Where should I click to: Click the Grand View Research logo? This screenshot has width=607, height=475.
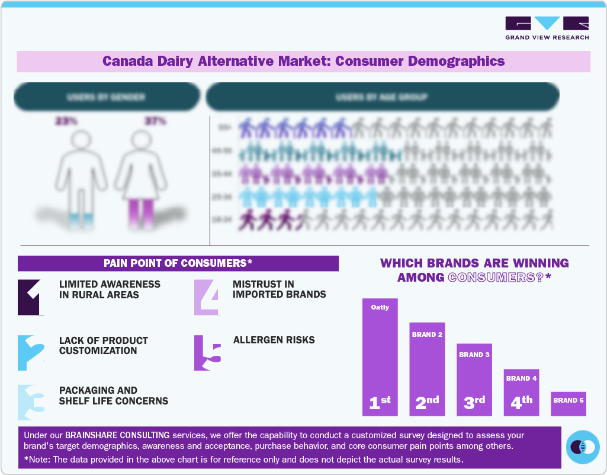coord(547,28)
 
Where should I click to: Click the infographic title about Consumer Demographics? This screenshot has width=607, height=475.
coord(303,61)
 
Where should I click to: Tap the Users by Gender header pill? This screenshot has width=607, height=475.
coord(107,97)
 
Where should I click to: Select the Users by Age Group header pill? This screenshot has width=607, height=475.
coord(382,97)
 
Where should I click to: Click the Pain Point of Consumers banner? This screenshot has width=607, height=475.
coord(178,263)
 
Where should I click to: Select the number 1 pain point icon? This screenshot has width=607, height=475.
coord(31,297)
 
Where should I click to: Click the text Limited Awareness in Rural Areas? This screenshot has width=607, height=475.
coord(110,289)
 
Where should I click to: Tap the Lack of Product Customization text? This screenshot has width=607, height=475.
coord(104,346)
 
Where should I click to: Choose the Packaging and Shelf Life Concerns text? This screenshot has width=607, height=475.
coord(113,396)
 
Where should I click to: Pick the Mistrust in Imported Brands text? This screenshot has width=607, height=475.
coord(279,289)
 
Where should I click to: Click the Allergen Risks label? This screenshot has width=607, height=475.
coord(274,340)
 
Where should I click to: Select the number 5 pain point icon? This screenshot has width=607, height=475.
coord(207,353)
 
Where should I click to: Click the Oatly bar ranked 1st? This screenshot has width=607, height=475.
coord(380,356)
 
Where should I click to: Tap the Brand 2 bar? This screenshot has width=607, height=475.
coord(427,368)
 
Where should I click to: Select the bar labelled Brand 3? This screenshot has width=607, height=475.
coord(474,380)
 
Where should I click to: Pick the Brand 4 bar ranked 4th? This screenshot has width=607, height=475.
coord(521,392)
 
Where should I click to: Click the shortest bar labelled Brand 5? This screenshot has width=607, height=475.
coord(569,403)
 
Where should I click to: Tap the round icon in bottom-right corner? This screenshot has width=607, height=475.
coord(583,447)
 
